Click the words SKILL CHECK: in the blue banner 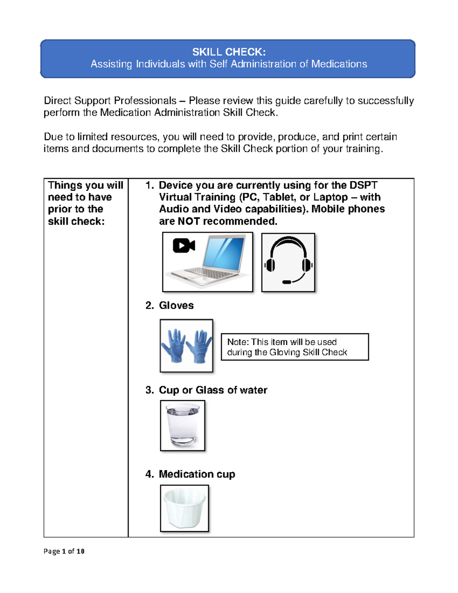[229, 52]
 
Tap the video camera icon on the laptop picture [184, 246]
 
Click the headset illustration [288, 262]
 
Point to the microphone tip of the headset [287, 282]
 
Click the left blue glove [173, 345]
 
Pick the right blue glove [199, 346]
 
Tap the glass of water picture [183, 425]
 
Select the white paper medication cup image [184, 508]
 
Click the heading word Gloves [176, 305]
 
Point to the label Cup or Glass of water [213, 390]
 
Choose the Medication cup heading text [197, 474]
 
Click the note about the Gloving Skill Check [295, 347]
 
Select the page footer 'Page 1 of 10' [64, 551]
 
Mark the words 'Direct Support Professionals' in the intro [110, 100]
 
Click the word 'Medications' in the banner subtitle [339, 64]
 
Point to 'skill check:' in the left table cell [76, 221]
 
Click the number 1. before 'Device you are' [149, 185]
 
